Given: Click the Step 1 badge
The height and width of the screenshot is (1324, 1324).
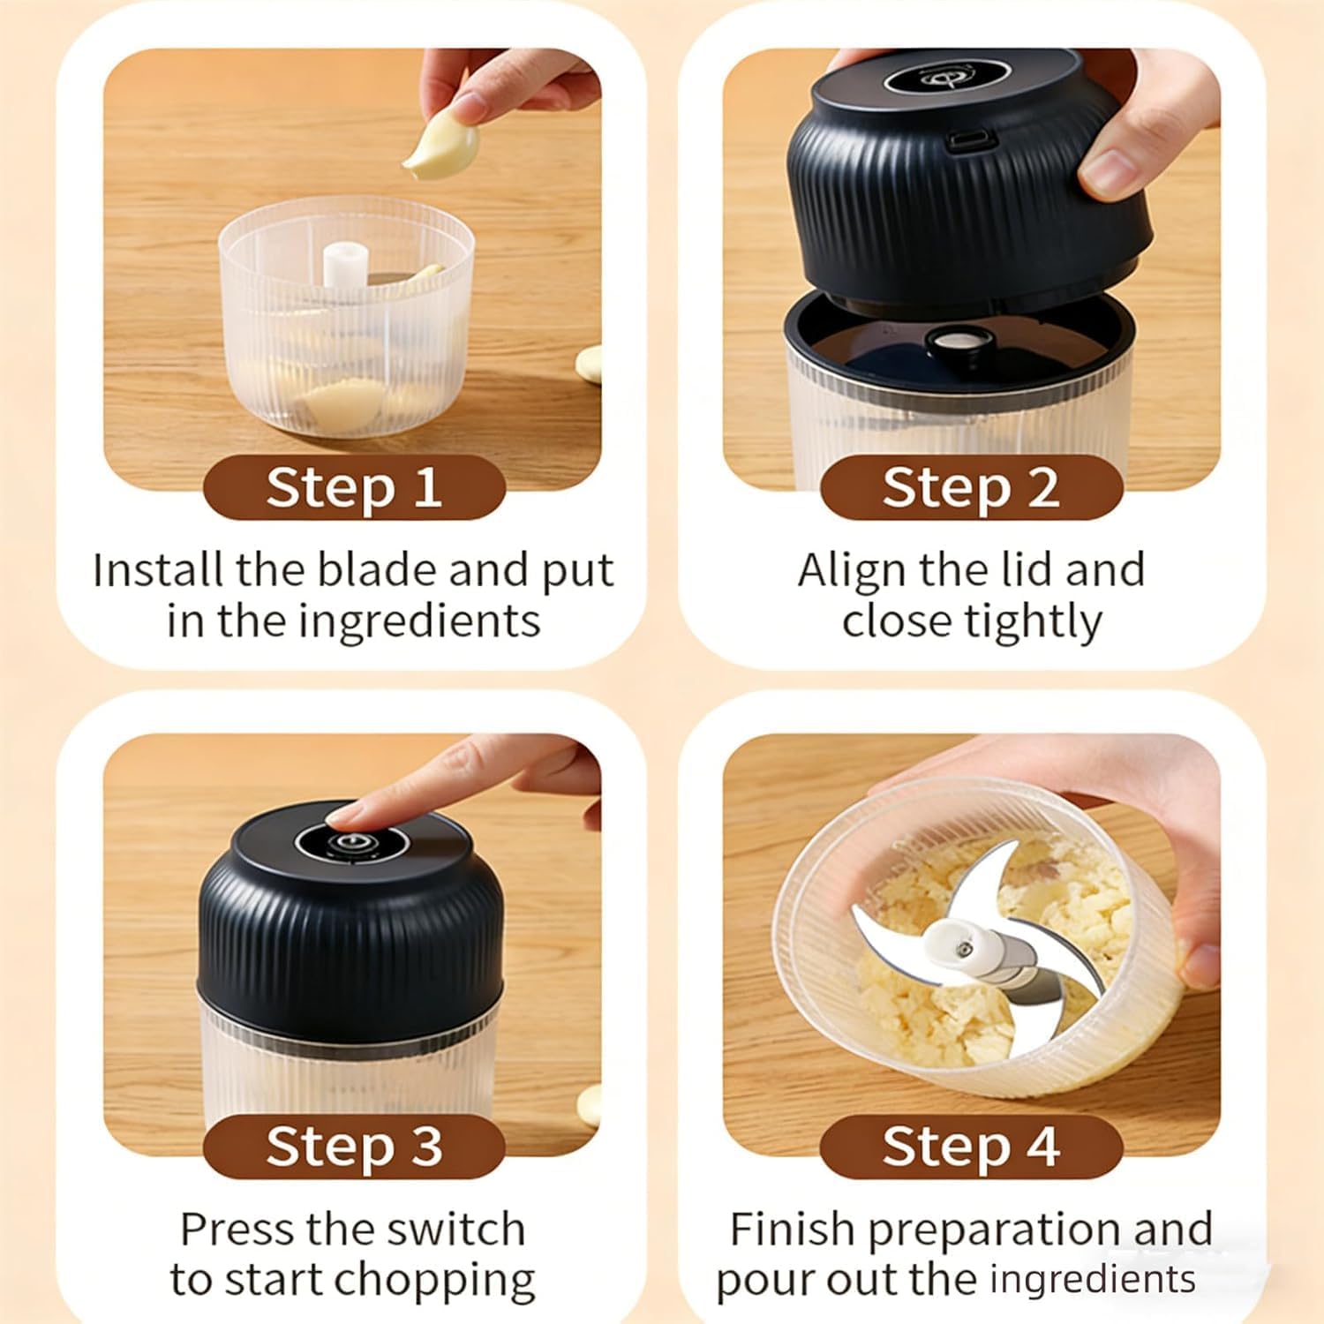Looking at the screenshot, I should [x=353, y=487].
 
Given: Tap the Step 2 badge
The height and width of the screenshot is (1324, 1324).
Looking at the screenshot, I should [x=971, y=487].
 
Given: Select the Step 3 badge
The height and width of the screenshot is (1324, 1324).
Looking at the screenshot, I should [x=353, y=1146].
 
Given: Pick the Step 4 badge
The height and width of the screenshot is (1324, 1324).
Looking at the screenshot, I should [x=971, y=1146].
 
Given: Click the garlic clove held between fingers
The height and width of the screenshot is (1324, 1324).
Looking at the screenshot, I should [x=441, y=148].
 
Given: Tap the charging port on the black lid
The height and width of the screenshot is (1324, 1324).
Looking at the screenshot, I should [x=972, y=139].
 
